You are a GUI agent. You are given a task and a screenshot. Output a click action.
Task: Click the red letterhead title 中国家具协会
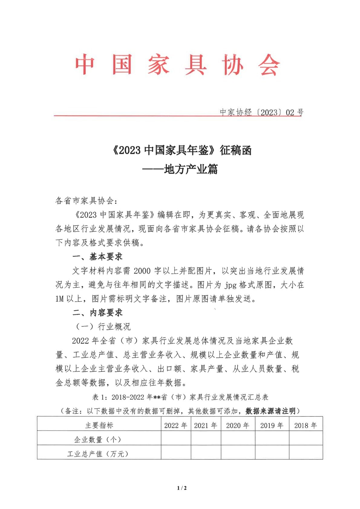(178, 65)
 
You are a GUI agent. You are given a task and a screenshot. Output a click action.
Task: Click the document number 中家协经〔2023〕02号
(262, 113)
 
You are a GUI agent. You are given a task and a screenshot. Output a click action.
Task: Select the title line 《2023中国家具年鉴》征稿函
(182, 150)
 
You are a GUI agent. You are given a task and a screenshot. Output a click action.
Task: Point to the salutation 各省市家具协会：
(86, 201)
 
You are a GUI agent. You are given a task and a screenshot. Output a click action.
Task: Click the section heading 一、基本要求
(97, 257)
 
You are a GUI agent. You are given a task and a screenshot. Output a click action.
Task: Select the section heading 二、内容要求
(97, 313)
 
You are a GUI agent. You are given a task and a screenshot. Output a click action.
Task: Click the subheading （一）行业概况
(103, 327)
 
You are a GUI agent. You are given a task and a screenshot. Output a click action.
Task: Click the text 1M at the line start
(60, 299)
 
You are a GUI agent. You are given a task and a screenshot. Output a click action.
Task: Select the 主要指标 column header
(99, 425)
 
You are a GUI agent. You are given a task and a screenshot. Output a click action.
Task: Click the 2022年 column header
(176, 425)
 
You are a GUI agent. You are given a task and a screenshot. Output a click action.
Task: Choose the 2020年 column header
(238, 425)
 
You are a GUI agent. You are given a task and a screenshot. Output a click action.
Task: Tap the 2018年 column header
(306, 425)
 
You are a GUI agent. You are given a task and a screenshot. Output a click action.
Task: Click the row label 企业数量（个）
(97, 439)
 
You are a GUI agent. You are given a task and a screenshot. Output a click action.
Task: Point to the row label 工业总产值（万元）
(97, 454)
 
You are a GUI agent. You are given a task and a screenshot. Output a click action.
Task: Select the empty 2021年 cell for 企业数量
(206, 438)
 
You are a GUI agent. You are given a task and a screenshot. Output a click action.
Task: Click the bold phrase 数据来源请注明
(270, 411)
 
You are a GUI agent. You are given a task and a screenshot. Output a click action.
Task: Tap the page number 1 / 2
(182, 488)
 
